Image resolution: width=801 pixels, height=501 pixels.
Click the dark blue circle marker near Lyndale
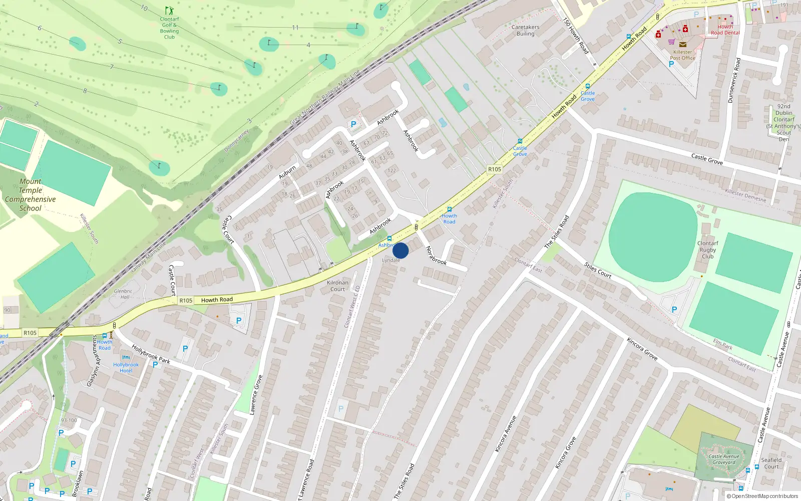(x=400, y=250)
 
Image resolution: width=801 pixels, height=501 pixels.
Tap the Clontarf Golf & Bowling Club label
(x=170, y=28)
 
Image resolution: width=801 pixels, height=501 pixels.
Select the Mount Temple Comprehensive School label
(x=31, y=195)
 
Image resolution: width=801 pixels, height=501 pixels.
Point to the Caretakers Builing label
(x=526, y=31)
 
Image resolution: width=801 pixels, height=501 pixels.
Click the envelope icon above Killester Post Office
(x=682, y=45)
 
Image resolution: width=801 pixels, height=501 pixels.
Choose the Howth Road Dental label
(x=725, y=30)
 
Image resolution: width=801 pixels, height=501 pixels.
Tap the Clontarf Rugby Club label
(x=707, y=249)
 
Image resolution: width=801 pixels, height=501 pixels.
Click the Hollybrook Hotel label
(x=126, y=368)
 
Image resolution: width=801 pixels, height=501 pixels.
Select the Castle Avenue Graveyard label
(x=724, y=459)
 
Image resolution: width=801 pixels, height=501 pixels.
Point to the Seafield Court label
(x=771, y=463)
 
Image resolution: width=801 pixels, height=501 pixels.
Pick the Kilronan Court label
(x=337, y=286)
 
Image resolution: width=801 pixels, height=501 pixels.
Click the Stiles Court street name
(x=598, y=270)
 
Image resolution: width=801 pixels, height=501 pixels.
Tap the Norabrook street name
(x=436, y=255)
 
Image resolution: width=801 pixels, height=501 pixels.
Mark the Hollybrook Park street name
(x=151, y=354)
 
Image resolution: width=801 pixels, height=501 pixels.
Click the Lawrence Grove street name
(x=256, y=394)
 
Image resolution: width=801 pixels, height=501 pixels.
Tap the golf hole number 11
(x=295, y=28)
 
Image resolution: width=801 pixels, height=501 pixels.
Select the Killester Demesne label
(x=745, y=195)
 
